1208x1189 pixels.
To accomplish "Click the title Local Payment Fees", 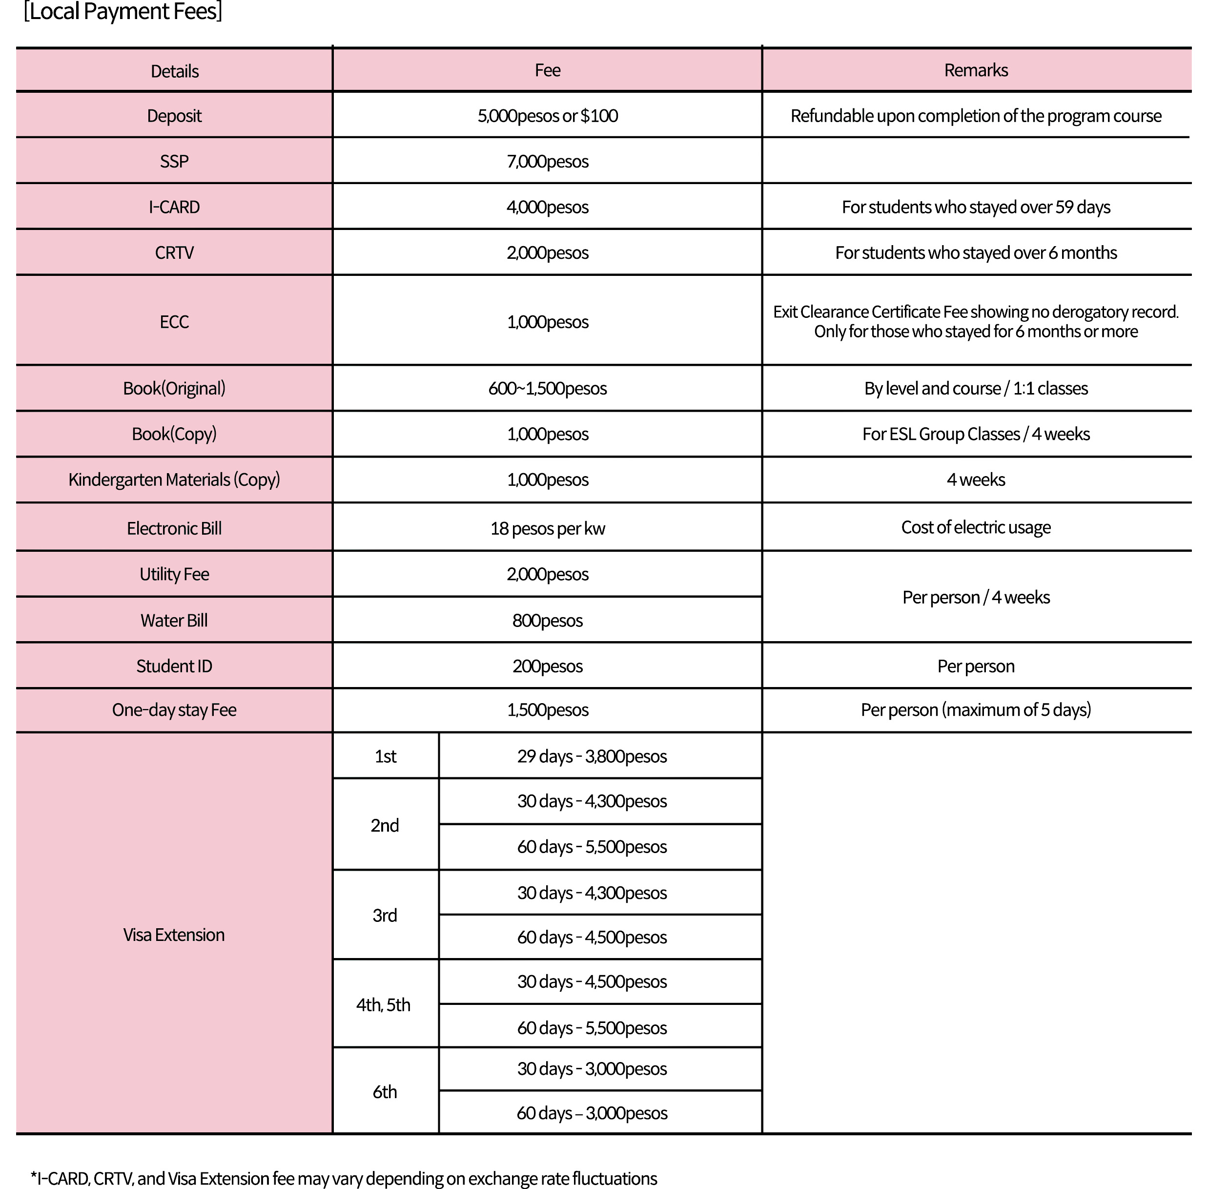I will click(x=123, y=12).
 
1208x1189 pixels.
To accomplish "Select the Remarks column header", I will click(x=976, y=70).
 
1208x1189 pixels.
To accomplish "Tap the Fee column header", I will click(x=548, y=70).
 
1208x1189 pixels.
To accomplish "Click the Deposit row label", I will click(x=174, y=116).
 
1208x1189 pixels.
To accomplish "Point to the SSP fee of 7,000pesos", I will click(x=548, y=161).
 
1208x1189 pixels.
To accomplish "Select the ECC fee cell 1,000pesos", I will click(x=548, y=322).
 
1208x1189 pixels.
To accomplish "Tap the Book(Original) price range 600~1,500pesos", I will click(x=548, y=388).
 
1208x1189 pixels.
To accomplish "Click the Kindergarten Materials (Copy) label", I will click(x=174, y=479).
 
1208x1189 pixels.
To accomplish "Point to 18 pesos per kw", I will click(x=548, y=528).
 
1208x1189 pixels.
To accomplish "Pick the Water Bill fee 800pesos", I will click(x=548, y=620).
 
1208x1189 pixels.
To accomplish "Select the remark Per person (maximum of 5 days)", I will click(x=976, y=709).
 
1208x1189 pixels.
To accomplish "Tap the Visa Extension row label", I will click(x=174, y=934).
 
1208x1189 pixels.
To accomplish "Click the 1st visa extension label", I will click(x=385, y=756).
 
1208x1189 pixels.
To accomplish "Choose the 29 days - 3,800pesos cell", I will click(x=592, y=756).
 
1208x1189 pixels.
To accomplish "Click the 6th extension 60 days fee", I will click(x=592, y=1113).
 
